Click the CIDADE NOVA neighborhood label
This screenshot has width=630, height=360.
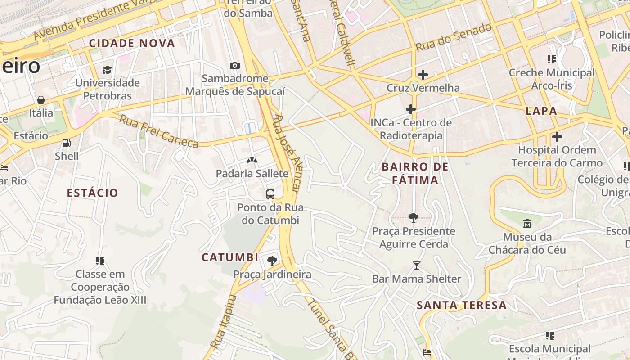(x=132, y=44)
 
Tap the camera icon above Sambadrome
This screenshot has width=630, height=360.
(x=234, y=66)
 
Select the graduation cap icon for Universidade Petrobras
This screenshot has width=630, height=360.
(x=107, y=70)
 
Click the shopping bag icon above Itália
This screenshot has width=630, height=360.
(x=41, y=100)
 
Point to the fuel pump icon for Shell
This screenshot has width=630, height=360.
(x=66, y=143)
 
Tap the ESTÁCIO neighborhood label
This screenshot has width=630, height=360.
(x=92, y=193)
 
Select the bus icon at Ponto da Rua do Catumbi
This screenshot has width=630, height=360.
(x=270, y=194)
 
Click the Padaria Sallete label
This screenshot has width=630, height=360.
(x=252, y=174)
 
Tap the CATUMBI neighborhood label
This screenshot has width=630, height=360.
(x=230, y=257)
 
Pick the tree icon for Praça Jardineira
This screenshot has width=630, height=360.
(x=272, y=261)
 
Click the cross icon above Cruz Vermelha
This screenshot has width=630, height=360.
(x=423, y=75)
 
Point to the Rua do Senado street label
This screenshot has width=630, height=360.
(x=453, y=37)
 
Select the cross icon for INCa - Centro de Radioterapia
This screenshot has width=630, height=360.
(x=410, y=109)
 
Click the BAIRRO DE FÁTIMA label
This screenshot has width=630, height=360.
(x=415, y=174)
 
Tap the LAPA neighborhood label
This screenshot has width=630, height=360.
(x=541, y=111)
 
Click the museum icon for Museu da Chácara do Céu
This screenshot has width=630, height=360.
(x=527, y=224)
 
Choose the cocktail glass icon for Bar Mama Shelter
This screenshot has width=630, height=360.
(x=416, y=266)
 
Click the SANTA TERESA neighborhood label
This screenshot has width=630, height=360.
(x=462, y=305)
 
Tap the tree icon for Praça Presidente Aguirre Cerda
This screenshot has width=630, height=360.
(x=413, y=218)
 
